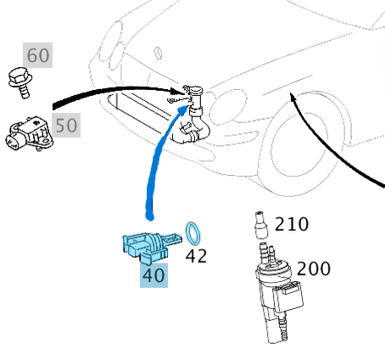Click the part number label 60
click(38, 56)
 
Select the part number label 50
click(65, 126)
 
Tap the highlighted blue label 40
click(153, 275)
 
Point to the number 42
click(196, 255)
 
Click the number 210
click(292, 225)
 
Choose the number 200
click(313, 269)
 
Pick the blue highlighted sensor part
click(146, 245)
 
